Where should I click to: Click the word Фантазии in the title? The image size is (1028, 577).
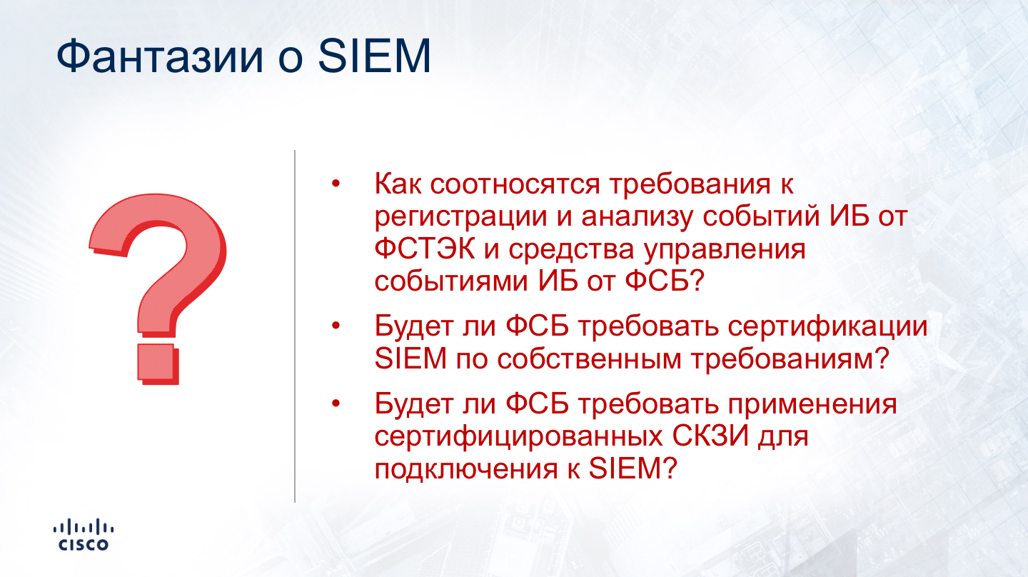160,56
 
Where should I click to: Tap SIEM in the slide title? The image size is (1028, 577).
375,56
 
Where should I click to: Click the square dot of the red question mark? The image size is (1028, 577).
158,363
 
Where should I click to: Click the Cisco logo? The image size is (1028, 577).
84,534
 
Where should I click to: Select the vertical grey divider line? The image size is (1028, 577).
295,326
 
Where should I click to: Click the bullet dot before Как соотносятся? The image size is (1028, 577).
336,184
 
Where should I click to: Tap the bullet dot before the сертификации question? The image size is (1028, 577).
336,326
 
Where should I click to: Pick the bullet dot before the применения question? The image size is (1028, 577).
336,403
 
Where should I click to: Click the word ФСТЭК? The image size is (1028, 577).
425,249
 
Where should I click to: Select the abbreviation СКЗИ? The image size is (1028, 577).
710,436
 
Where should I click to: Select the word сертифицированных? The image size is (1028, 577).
518,437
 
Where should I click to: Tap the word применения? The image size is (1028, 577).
812,405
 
